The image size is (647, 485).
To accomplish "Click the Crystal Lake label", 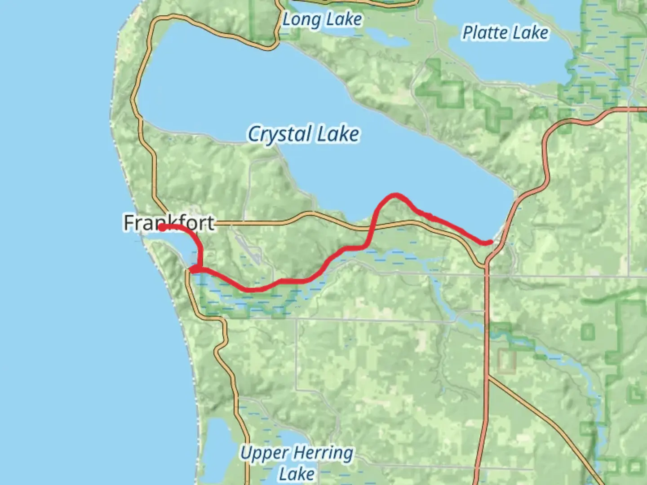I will coord(304,134).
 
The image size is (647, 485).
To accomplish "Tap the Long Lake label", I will coord(322,19).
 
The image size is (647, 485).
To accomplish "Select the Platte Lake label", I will coord(505,32).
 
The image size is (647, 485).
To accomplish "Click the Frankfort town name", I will coord(169,223).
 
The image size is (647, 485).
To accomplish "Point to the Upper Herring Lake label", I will coord(297,463).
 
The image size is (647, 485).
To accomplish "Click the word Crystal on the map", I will coord(279,134).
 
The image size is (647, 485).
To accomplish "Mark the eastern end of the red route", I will coord(489,242).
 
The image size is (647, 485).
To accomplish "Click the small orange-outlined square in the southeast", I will coord(507,362).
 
